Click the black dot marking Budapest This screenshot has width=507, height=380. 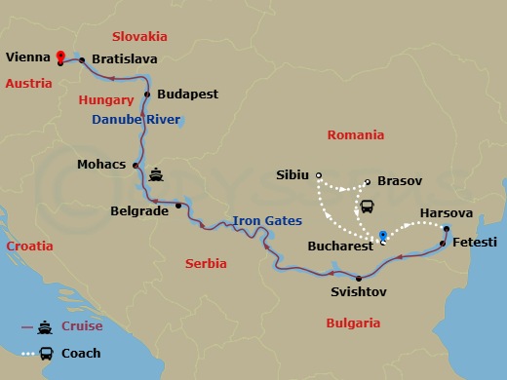(147, 95)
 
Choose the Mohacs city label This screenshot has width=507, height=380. (100, 165)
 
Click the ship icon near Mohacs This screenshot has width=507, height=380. (157, 176)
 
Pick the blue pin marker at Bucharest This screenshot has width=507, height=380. (383, 236)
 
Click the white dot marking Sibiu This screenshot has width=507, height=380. (319, 175)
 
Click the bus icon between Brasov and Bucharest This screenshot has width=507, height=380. (369, 206)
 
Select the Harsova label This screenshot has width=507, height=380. (446, 212)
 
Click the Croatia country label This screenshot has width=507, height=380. (29, 247)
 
